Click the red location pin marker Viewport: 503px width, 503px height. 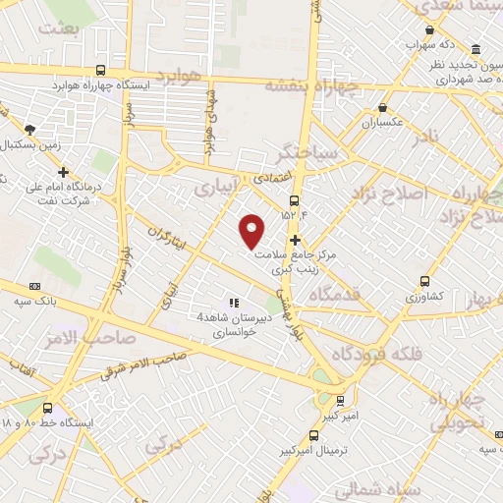[252, 231]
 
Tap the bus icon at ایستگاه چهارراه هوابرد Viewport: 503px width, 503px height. [101, 70]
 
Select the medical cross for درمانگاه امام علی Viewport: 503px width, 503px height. [64, 172]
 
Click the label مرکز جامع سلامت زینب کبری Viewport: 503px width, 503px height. [295, 259]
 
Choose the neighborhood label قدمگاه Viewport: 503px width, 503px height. [334, 294]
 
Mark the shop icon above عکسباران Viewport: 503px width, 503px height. [382, 109]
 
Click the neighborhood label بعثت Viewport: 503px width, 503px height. [57, 28]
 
